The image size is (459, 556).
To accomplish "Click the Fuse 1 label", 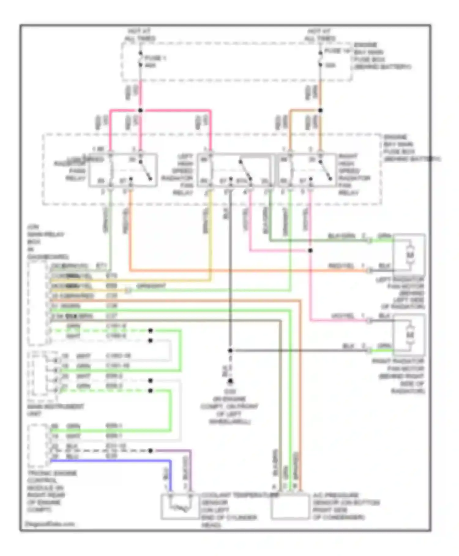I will pyautogui.click(x=155, y=58).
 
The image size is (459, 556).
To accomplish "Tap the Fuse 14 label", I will pyautogui.click(x=337, y=51).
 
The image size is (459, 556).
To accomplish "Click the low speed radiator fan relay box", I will pyautogui.click(x=123, y=170).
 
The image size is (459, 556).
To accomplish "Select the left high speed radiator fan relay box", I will pyautogui.click(x=234, y=170).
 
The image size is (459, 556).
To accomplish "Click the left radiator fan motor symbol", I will pyautogui.click(x=409, y=255).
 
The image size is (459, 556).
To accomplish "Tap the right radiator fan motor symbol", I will pyautogui.click(x=409, y=335).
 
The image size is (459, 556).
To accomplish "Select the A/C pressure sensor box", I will pyautogui.click(x=290, y=507).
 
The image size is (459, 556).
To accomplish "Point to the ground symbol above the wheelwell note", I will pyautogui.click(x=230, y=381).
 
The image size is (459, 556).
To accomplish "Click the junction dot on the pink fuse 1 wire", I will pyautogui.click(x=140, y=110).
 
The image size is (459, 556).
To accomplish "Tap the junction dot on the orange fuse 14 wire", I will pyautogui.click(x=320, y=110).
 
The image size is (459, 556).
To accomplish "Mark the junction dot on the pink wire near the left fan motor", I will pyautogui.click(x=310, y=251).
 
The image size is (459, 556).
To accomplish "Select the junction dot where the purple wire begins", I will pyautogui.click(x=150, y=451).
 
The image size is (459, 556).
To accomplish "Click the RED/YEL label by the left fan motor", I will pyautogui.click(x=341, y=265).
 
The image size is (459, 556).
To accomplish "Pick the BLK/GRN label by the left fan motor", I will pyautogui.click(x=341, y=236).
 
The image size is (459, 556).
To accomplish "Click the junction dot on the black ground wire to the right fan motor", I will pyautogui.click(x=230, y=350).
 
